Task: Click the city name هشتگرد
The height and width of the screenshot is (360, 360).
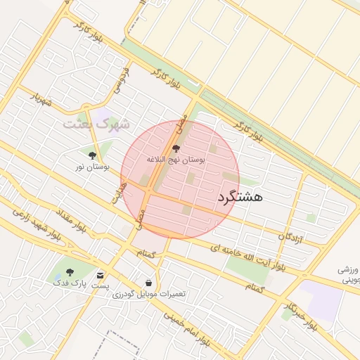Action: [x=240, y=197]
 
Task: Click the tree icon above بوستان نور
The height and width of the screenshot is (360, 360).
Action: [x=93, y=155]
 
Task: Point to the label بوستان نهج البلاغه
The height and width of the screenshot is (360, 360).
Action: [x=176, y=160]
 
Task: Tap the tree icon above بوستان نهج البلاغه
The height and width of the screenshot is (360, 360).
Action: [x=176, y=148]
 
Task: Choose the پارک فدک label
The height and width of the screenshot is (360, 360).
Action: [x=69, y=283]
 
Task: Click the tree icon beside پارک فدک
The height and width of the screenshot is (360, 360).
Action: [x=69, y=272]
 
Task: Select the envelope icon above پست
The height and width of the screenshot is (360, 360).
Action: [x=102, y=275]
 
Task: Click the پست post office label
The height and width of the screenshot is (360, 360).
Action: [x=102, y=285]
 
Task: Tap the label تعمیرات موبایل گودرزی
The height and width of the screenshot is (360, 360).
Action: [x=148, y=293]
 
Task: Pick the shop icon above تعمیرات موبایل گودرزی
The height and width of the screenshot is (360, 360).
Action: [x=148, y=282]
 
